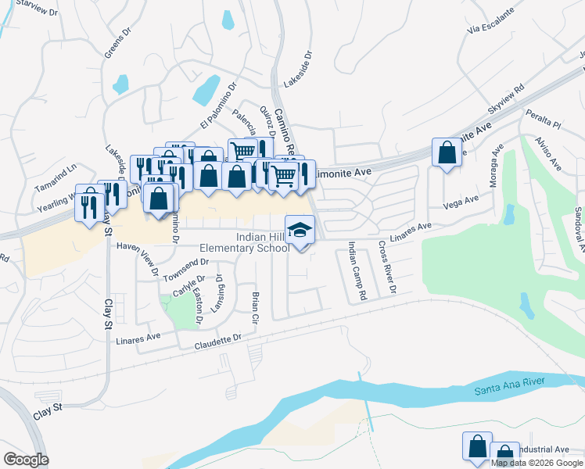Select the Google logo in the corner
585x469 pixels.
(x=26, y=460)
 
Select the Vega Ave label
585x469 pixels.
(x=461, y=202)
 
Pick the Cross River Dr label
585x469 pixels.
(x=387, y=268)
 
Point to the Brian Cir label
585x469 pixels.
(x=255, y=308)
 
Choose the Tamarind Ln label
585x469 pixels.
(x=57, y=178)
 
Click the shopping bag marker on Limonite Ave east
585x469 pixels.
(x=446, y=154)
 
